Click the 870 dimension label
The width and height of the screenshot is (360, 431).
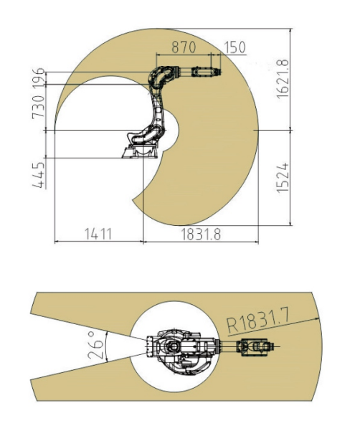click(x=184, y=47)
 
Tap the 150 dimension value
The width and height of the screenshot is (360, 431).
click(x=235, y=47)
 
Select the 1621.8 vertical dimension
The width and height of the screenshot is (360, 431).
click(x=283, y=79)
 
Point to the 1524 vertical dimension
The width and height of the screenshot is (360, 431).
click(x=283, y=178)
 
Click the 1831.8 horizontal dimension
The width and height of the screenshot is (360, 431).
click(x=201, y=235)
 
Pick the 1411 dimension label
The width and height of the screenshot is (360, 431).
click(x=98, y=235)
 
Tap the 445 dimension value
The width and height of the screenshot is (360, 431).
click(x=39, y=175)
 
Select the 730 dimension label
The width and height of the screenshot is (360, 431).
click(x=38, y=107)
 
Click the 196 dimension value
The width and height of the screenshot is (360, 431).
click(x=38, y=77)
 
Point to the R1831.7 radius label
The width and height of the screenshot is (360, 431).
click(x=257, y=321)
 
